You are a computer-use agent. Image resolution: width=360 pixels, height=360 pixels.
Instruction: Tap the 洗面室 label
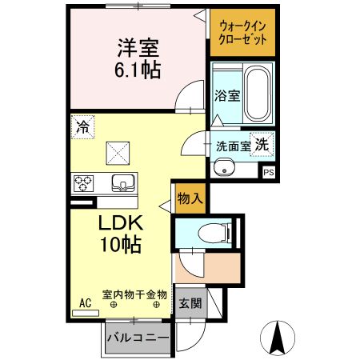coord(233,147)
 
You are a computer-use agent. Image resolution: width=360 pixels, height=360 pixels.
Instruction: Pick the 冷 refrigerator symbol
coord(82,126)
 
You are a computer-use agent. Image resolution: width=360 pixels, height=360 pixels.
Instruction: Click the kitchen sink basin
coord(122,183)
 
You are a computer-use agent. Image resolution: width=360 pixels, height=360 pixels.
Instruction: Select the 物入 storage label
coord(190,198)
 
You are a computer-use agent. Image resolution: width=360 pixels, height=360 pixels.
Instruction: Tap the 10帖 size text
coord(121,245)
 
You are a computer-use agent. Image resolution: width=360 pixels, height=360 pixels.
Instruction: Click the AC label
coord(86,303)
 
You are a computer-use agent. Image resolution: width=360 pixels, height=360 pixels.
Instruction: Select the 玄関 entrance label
coord(190,304)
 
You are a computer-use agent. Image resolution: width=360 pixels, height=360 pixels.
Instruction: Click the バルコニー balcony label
coord(138,338)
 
